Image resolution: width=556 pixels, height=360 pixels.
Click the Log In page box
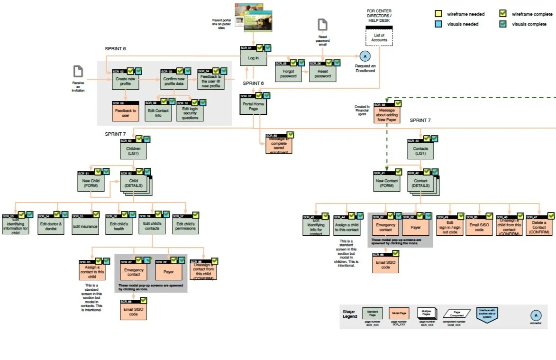pyautogui.click(x=253, y=57)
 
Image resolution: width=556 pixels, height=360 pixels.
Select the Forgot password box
pyautogui.click(x=288, y=74)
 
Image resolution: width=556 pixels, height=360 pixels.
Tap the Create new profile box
pyautogui.click(x=126, y=81)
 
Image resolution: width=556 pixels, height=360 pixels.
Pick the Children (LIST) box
pyautogui.click(x=133, y=151)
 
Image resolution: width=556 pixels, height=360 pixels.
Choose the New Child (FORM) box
pyautogui.click(x=91, y=183)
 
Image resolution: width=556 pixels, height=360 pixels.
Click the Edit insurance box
pyautogui.click(x=85, y=226)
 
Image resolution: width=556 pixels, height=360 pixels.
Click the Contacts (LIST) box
pyautogui.click(x=420, y=151)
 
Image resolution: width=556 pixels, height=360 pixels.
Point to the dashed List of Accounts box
pyautogui.click(x=379, y=37)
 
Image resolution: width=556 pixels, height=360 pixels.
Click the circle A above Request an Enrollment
pyautogui.click(x=365, y=56)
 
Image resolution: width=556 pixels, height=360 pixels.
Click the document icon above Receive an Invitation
pyautogui.click(x=78, y=72)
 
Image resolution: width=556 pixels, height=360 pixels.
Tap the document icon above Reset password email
pyautogui.click(x=322, y=25)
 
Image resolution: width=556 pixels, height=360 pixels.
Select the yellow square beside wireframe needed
pyautogui.click(x=438, y=14)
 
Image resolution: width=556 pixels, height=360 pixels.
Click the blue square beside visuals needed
pyautogui.click(x=438, y=24)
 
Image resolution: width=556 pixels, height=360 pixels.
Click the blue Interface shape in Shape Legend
pyautogui.click(x=487, y=314)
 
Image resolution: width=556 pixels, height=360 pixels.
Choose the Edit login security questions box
pyautogui.click(x=190, y=113)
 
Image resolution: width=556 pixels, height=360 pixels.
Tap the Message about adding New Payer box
pyautogui.click(x=386, y=115)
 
